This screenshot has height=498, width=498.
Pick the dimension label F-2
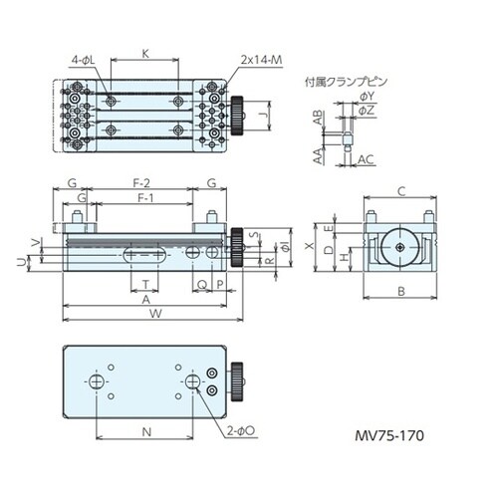click(x=141, y=183)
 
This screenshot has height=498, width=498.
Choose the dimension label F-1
click(x=142, y=200)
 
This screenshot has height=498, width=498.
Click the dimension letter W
click(x=151, y=316)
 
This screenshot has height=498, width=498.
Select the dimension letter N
click(x=145, y=432)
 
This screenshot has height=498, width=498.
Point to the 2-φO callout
click(x=242, y=433)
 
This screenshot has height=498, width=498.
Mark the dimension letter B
click(x=399, y=291)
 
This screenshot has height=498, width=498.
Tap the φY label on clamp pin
click(x=366, y=96)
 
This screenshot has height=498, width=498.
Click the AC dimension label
click(x=365, y=158)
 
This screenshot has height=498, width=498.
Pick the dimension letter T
click(x=146, y=283)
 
